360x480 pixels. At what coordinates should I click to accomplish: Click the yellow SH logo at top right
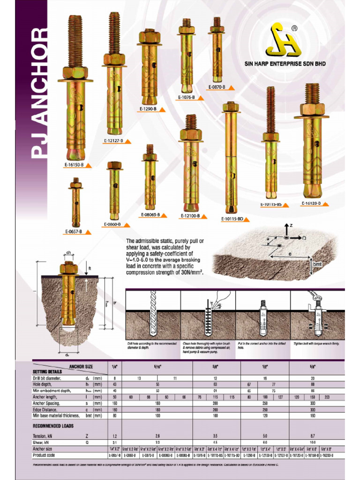point(283,41)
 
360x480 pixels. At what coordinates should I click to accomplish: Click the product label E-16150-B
point(74,165)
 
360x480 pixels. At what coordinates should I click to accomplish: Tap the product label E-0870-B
point(217,87)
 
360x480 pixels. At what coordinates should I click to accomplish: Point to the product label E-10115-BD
point(232,218)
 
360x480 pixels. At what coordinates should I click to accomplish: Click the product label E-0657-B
point(74,232)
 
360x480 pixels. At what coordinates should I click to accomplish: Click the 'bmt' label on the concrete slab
point(317,265)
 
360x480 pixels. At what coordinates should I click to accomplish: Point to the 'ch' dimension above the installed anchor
point(68,253)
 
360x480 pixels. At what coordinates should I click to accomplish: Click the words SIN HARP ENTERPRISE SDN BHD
point(285,64)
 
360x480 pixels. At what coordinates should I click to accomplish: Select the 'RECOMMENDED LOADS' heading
point(53,426)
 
